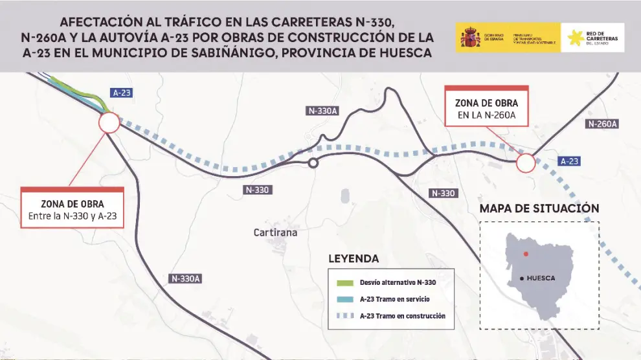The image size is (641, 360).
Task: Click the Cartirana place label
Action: coord(275,232)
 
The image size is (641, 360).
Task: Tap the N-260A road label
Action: coord(602,124)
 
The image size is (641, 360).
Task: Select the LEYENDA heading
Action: coord(354,258)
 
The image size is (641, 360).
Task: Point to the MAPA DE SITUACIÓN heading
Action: coord(539,208)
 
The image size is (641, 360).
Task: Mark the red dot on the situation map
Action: coord(526,253)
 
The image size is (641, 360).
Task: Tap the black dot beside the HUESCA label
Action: coord(522,278)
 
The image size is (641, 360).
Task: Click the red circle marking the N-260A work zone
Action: coord(526,163)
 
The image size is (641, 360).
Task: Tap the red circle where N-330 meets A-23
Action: coord(109,122)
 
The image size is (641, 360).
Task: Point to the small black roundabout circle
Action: coord(313,163)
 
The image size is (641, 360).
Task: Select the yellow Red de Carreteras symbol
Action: coord(574,38)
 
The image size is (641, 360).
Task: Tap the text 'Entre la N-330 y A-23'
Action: coord(73,216)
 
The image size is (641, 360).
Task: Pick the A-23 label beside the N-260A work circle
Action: coord(568,161)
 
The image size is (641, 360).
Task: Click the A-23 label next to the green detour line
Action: coord(121,93)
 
